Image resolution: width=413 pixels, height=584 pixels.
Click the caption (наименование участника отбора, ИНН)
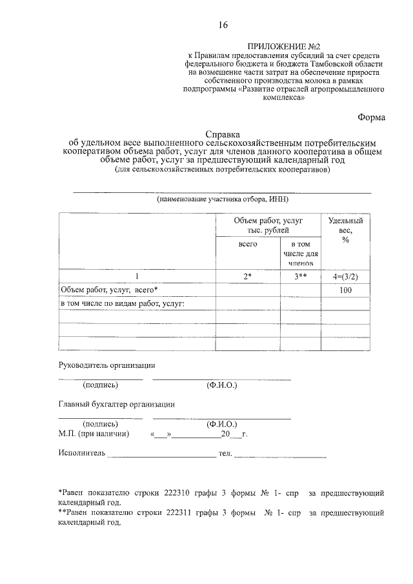222,200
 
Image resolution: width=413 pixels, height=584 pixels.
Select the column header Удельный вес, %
345,230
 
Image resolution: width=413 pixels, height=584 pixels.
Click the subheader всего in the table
248,245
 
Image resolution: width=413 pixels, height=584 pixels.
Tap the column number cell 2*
247,277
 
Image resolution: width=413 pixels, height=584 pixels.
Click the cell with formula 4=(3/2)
345,277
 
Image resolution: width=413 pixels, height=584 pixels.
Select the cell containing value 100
345,290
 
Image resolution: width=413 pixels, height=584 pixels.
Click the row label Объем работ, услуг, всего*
108,290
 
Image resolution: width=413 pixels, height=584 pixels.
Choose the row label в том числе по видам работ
122,303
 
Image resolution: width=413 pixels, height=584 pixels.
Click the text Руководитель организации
106,365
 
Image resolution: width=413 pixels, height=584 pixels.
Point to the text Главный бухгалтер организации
116,405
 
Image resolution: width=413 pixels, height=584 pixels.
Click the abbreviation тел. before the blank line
225,454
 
